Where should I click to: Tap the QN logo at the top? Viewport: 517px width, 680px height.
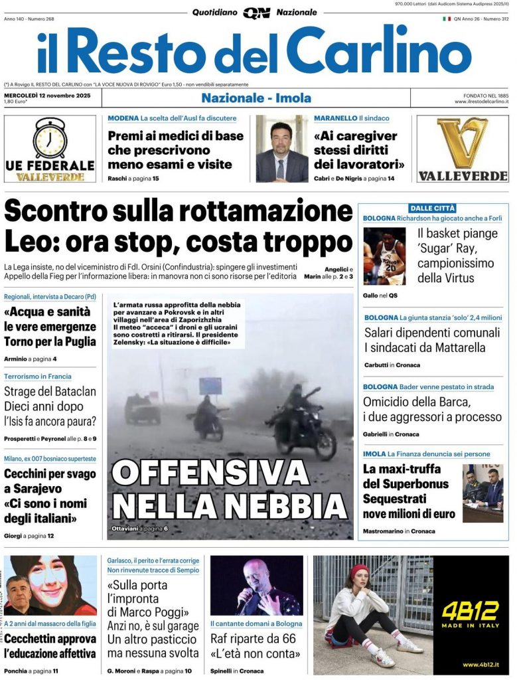coord(256,13)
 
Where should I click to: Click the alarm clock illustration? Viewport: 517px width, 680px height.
coord(50,137)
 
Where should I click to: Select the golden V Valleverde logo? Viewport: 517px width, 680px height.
coord(463,142)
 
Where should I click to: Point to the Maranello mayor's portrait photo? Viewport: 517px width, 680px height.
coord(282,150)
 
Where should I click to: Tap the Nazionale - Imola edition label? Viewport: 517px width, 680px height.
coord(256,98)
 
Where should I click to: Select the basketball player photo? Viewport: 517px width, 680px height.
coord(384,256)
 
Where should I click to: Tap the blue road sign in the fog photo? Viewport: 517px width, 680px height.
coord(210,385)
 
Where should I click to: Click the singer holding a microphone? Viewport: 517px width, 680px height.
coord(256,586)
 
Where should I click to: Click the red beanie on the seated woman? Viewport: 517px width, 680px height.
coord(359,571)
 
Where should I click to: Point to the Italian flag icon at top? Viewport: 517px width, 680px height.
coord(447,19)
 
